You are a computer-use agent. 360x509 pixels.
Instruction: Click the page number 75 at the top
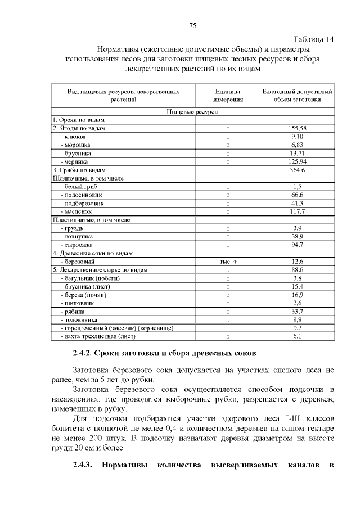pyautogui.click(x=192, y=26)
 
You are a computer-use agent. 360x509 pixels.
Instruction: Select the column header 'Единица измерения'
pyautogui.click(x=228, y=95)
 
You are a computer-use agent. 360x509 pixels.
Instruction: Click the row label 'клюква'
pyautogui.click(x=74, y=137)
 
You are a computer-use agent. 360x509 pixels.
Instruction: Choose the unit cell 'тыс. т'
pyautogui.click(x=228, y=262)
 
